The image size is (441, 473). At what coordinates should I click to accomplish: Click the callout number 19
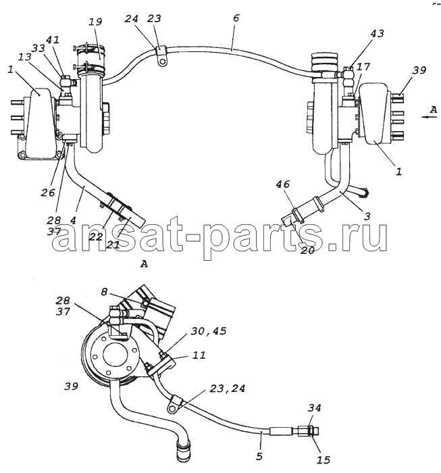point(95,22)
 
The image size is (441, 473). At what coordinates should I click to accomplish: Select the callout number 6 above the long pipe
point(236,18)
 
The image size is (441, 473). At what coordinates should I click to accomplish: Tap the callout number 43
point(377,33)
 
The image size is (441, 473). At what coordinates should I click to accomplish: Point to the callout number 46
point(282,184)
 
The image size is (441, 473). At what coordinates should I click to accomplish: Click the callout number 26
point(48,192)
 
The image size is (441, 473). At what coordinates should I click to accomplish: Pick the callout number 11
point(199,355)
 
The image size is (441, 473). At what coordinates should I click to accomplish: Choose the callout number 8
point(104,292)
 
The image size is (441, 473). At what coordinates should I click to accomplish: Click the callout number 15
point(323,459)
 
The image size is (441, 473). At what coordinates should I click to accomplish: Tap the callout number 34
point(315,408)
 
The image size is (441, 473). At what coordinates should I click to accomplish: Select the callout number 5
point(259,456)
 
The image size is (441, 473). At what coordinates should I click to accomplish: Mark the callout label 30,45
point(208,331)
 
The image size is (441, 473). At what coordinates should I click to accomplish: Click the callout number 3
point(367,216)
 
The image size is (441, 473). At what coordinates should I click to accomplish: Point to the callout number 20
point(307,250)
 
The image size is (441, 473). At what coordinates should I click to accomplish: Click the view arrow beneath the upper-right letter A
point(430,117)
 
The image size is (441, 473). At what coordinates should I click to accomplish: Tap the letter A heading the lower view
point(144,264)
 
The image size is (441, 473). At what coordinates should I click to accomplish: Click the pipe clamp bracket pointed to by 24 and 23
point(161,55)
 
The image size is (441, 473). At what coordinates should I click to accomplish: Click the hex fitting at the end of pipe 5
point(308,431)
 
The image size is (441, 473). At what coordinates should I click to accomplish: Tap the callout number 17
point(363,66)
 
